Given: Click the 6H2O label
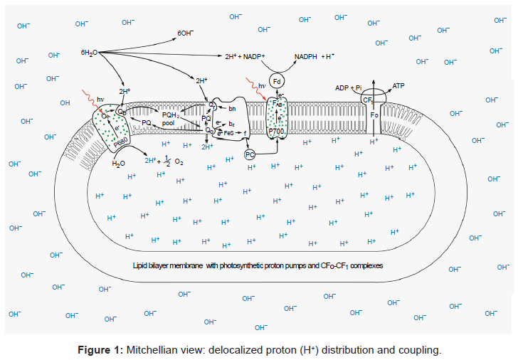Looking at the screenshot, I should coord(90,53).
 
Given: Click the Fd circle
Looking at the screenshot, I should coord(277,80).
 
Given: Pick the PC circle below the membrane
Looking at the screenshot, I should coord(250,154).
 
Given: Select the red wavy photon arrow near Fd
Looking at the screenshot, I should coord(255,88).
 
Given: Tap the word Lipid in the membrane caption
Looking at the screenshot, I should coord(141,265).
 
